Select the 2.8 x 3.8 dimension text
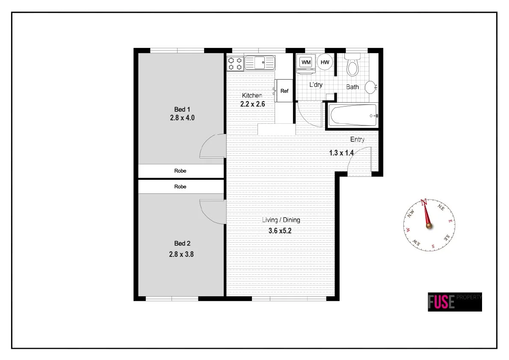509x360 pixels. (x=182, y=254)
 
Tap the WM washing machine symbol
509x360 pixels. (x=306, y=62)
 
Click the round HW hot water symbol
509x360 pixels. (x=325, y=62)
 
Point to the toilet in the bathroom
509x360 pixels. (x=352, y=65)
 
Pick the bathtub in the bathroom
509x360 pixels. (x=353, y=116)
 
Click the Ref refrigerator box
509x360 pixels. (x=284, y=91)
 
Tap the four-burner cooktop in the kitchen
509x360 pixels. (x=235, y=63)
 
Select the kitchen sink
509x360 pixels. (x=260, y=63)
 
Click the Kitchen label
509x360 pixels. (x=252, y=95)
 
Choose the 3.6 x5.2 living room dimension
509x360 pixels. (x=280, y=230)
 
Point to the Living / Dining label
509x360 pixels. (x=281, y=220)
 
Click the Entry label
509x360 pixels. (x=358, y=140)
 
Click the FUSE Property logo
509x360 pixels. (x=455, y=302)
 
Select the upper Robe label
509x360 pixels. (x=181, y=171)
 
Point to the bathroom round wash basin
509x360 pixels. (x=370, y=87)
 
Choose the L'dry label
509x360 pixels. (x=316, y=85)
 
